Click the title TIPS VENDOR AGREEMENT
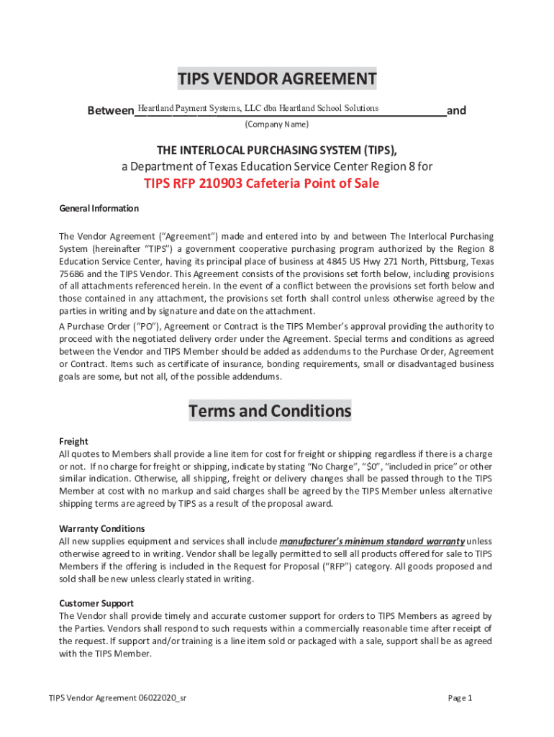tap(277, 78)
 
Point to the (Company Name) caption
tap(276, 125)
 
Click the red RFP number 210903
tap(217, 184)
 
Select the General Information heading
tap(99, 209)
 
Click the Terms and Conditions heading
tap(270, 411)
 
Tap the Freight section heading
tap(73, 441)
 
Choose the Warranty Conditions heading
tap(101, 528)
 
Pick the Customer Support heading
tap(96, 603)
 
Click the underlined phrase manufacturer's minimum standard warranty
tap(372, 541)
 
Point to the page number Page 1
tap(460, 698)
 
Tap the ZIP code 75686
tap(71, 274)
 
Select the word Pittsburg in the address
tap(445, 261)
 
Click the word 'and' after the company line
tap(456, 111)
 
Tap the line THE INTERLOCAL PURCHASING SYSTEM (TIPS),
tap(277, 150)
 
